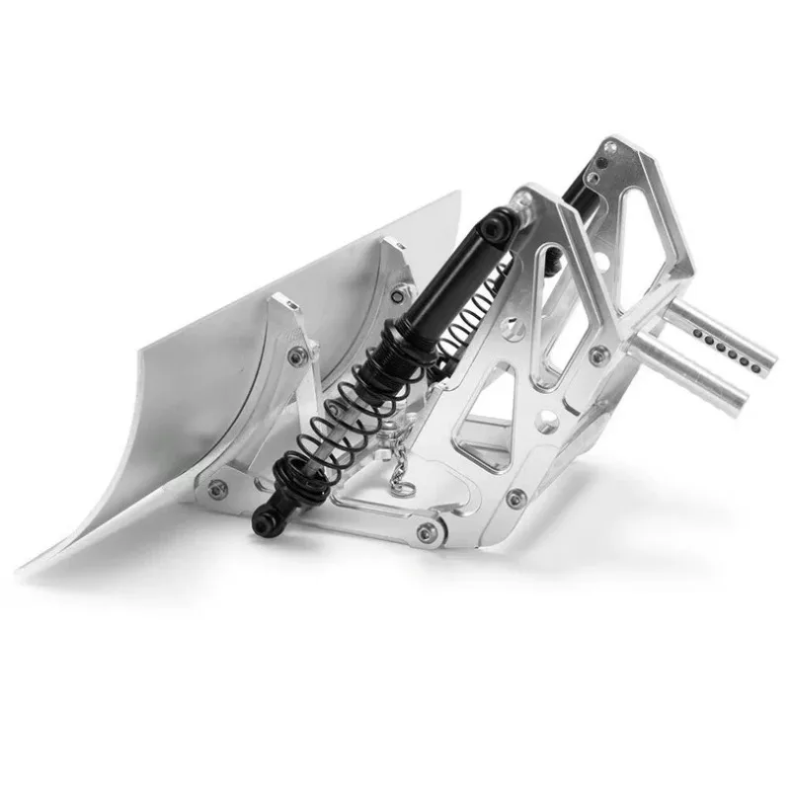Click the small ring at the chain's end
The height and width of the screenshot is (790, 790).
coord(397,483)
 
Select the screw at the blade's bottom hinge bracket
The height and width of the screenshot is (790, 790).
coord(217,487)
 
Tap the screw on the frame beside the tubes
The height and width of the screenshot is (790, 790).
coord(598,354)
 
